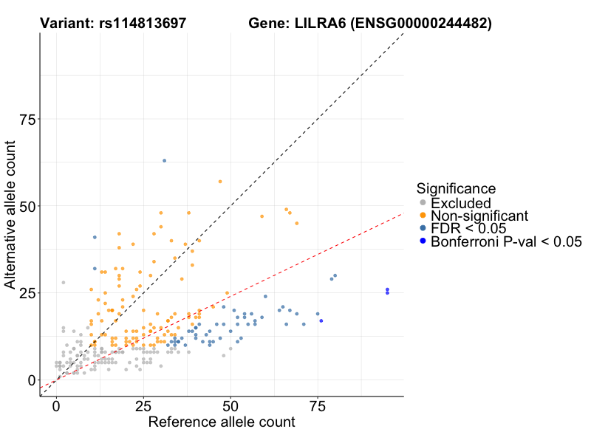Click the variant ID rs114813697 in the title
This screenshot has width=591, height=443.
click(x=144, y=24)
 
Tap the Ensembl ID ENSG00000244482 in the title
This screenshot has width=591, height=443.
click(x=420, y=24)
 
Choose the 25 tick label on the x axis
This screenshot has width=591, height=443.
click(x=143, y=407)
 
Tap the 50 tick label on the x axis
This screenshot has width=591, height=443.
click(x=230, y=407)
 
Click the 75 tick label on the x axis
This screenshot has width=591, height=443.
click(x=318, y=407)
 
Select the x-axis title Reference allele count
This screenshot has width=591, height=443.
click(x=222, y=423)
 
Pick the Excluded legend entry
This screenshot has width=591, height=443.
click(x=460, y=202)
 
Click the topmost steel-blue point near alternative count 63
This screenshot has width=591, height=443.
click(x=164, y=160)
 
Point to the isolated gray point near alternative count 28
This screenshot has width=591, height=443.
click(x=64, y=282)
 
